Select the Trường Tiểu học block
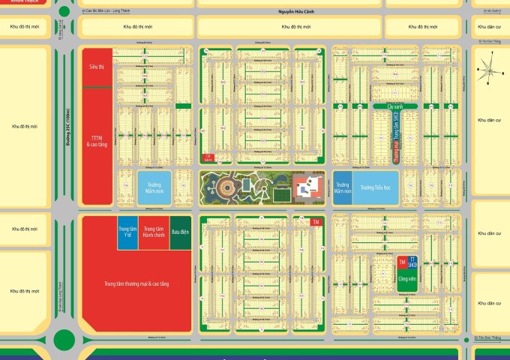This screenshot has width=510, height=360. coord(377,187)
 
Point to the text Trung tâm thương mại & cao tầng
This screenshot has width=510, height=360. coord(136,284)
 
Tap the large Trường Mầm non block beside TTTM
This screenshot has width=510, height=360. coord(154,187)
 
